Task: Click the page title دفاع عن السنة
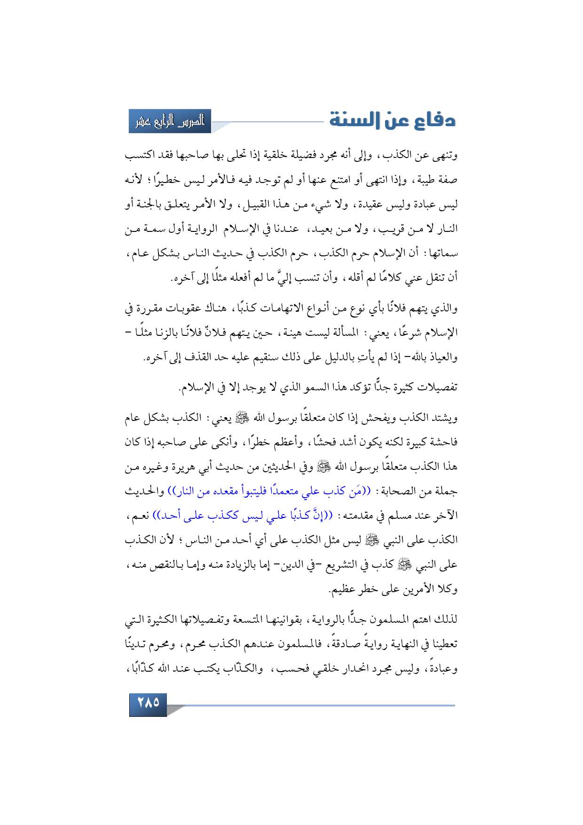(x=393, y=120)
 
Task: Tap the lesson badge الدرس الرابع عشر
(x=170, y=121)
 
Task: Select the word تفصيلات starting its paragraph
(x=434, y=388)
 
